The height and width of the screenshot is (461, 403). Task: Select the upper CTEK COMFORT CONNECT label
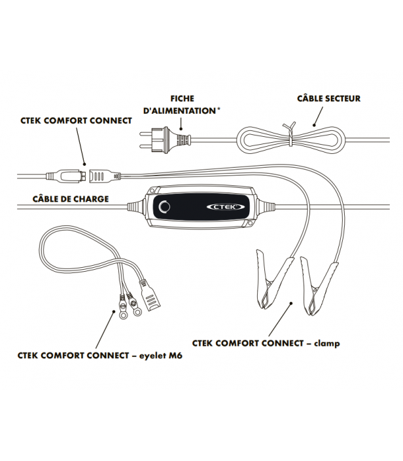point(73,120)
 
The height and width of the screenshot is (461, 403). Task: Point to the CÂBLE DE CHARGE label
point(70,198)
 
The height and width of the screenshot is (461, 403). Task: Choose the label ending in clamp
point(266,342)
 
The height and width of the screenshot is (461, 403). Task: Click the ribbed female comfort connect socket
point(99,175)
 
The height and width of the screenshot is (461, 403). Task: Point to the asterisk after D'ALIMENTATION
point(218,110)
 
